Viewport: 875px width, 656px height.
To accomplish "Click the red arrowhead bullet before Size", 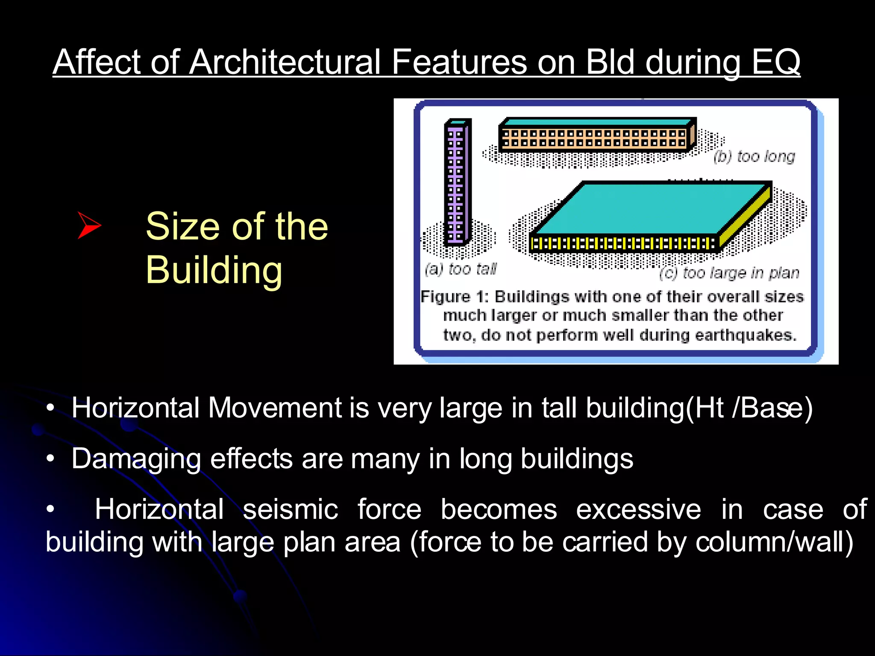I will coord(89,225).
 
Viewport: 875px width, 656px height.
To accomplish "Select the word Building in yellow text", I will coord(214,270).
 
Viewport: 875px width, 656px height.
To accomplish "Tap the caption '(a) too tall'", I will coord(461,269).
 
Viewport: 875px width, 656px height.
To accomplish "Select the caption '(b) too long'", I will coord(755,157).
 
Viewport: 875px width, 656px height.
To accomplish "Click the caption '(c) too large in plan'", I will coord(729,273).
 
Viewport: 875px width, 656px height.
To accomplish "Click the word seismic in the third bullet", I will coord(290,510).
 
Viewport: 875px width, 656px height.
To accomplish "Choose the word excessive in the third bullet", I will coord(638,510).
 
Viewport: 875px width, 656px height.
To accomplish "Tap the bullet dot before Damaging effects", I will coord(50,459).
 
